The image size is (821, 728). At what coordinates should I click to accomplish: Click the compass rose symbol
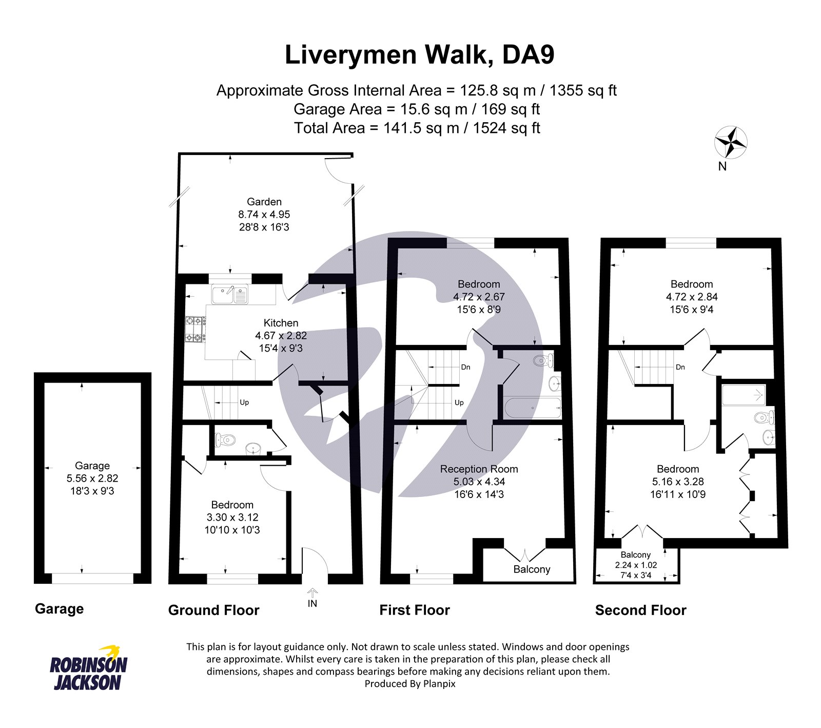pyautogui.click(x=731, y=142)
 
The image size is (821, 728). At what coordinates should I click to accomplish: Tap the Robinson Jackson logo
pyautogui.click(x=88, y=667)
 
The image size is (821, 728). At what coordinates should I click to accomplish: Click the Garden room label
pyautogui.click(x=264, y=202)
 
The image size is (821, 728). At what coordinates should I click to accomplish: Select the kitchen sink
pyautogui.click(x=229, y=294)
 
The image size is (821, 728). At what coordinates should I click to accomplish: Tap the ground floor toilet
pyautogui.click(x=225, y=440)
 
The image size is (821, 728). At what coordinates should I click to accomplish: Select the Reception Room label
pyautogui.click(x=479, y=469)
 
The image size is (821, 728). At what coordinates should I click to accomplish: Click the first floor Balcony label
pyautogui.click(x=532, y=569)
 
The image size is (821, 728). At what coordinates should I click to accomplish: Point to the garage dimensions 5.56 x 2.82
pyautogui.click(x=92, y=478)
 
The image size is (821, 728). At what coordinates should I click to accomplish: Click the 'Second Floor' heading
pyautogui.click(x=640, y=610)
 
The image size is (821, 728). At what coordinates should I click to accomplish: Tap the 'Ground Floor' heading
pyautogui.click(x=213, y=610)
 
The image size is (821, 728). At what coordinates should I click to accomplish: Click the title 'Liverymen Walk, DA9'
pyautogui.click(x=420, y=55)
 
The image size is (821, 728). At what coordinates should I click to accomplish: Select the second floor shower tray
pyautogui.click(x=744, y=395)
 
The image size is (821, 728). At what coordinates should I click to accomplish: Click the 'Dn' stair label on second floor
pyautogui.click(x=680, y=367)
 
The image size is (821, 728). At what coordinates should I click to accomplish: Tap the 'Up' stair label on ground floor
pyautogui.click(x=244, y=403)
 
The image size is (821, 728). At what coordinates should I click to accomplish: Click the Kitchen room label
pyautogui.click(x=281, y=323)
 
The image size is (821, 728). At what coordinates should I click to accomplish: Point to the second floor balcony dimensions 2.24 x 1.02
pyautogui.click(x=636, y=565)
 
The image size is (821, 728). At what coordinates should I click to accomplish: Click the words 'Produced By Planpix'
pyautogui.click(x=410, y=684)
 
